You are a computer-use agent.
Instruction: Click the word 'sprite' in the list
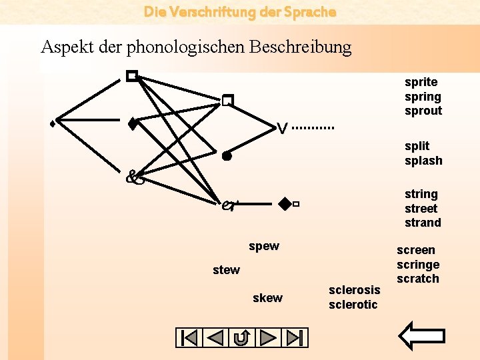pyautogui.click(x=421, y=82)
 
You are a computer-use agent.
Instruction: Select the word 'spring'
pyautogui.click(x=423, y=97)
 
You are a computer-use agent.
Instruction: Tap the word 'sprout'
pyautogui.click(x=423, y=111)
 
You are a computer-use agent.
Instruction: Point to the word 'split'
pyautogui.click(x=417, y=146)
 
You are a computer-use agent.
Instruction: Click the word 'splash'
pyautogui.click(x=423, y=161)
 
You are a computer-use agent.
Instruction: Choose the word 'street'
pyautogui.click(x=421, y=209)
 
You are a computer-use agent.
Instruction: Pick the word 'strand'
pyautogui.click(x=423, y=223)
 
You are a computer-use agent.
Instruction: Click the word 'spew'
pyautogui.click(x=264, y=246)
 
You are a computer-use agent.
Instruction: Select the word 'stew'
pyautogui.click(x=226, y=270)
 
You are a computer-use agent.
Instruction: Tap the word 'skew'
pyautogui.click(x=267, y=298)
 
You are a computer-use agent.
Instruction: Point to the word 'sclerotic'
pyautogui.click(x=353, y=305)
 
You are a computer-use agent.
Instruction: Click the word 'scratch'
pyautogui.click(x=418, y=279)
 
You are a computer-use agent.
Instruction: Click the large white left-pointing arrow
pyautogui.click(x=424, y=336)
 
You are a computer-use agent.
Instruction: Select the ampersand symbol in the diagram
pyautogui.click(x=135, y=177)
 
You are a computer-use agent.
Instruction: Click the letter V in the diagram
pyautogui.click(x=283, y=128)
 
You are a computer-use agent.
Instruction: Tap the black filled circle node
pyautogui.click(x=227, y=157)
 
